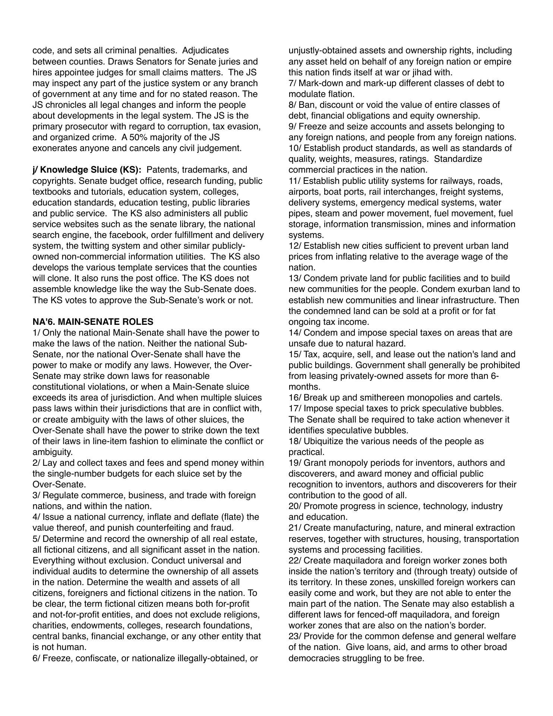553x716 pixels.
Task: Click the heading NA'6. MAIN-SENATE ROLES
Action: [x=93, y=321]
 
